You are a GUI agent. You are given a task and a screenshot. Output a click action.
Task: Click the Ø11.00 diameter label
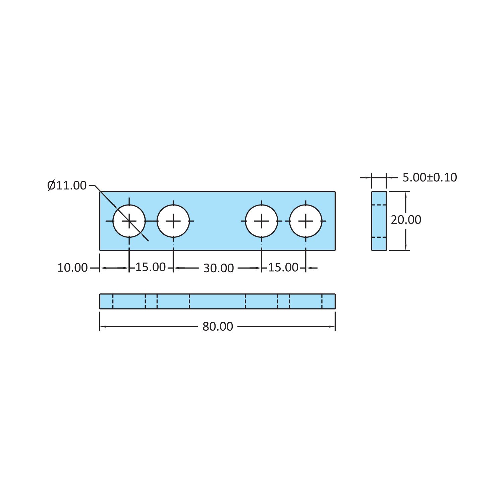(67, 185)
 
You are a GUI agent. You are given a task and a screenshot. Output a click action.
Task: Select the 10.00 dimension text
(72, 268)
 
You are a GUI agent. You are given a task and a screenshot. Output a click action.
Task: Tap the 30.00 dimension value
(219, 268)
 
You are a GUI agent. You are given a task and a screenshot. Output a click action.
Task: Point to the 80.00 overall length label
(218, 327)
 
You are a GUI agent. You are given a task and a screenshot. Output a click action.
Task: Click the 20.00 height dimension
(406, 220)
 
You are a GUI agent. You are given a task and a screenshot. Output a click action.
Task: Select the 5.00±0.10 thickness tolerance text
(430, 177)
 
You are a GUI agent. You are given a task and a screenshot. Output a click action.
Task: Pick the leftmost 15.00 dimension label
(151, 267)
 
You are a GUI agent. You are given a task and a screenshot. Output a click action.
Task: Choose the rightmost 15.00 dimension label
(283, 267)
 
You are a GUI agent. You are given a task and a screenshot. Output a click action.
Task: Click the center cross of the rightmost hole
(306, 221)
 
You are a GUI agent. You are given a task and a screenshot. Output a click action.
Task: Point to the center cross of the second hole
(173, 221)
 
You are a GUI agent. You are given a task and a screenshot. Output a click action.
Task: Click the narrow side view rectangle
(379, 221)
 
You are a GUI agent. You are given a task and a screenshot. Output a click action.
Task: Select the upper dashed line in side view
(379, 205)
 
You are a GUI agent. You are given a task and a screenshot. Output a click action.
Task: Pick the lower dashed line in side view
(379, 237)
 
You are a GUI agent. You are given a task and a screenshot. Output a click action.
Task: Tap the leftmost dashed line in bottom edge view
(113, 301)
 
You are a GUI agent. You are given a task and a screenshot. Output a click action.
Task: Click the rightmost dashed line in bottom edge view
(322, 301)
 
